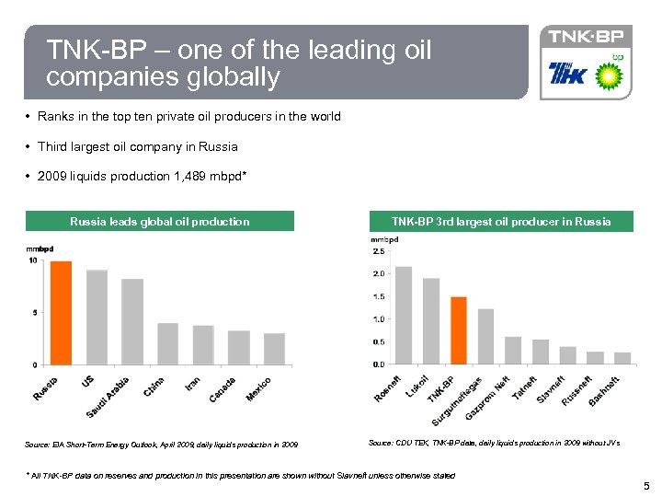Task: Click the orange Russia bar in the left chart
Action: click(61, 313)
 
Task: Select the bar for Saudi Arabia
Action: click(132, 321)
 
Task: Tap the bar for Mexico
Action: click(274, 349)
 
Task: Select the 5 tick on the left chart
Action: click(34, 313)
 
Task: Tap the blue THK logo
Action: click(565, 74)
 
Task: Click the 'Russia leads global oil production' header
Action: click(160, 221)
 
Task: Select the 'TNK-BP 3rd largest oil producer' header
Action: click(501, 221)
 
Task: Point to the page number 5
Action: click(646, 485)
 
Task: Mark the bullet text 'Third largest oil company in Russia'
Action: click(137, 146)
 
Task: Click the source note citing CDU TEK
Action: click(494, 444)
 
